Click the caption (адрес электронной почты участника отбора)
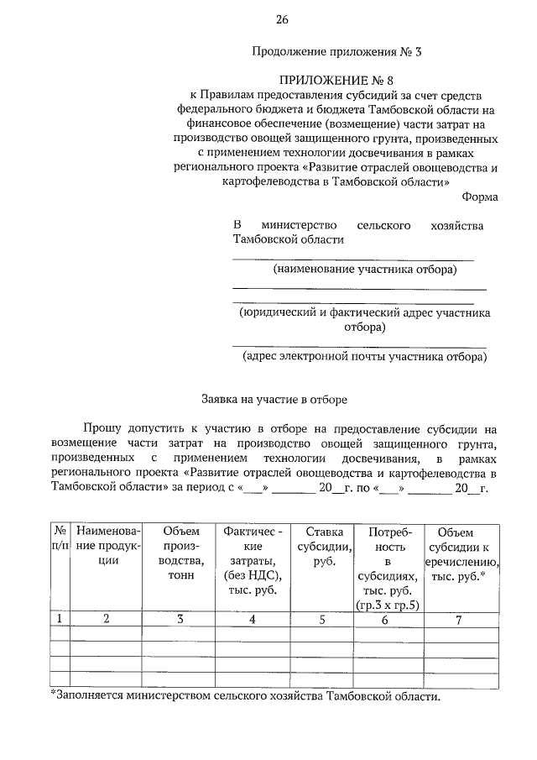(x=363, y=356)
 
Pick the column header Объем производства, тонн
(x=180, y=554)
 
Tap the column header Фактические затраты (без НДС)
(x=253, y=561)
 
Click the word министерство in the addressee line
(x=300, y=225)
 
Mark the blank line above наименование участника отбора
(x=352, y=259)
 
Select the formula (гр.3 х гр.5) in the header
(x=387, y=605)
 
